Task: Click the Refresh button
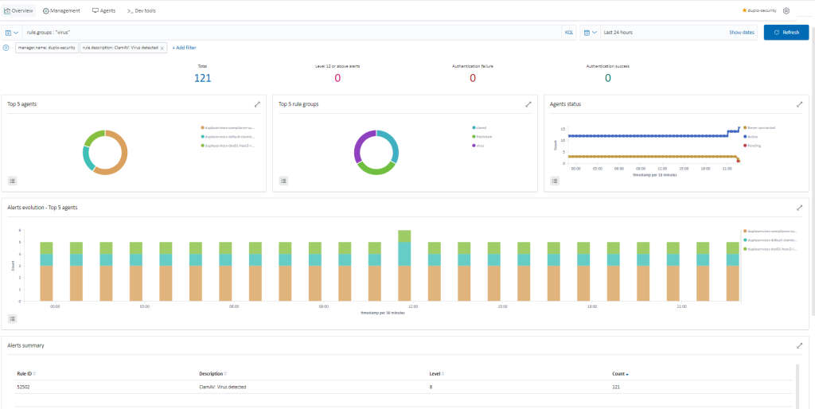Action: pos(786,33)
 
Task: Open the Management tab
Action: pos(61,10)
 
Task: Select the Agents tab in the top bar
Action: pos(103,10)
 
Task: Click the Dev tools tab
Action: pos(141,10)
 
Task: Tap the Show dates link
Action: pos(741,33)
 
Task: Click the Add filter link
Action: pos(184,48)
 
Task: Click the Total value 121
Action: pos(202,77)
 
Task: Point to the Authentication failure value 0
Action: pos(473,77)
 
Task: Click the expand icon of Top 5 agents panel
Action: pos(257,104)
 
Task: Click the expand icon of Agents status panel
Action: pos(799,104)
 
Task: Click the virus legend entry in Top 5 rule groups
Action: pos(479,146)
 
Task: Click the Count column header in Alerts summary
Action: pos(619,373)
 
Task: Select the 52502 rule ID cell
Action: pos(25,387)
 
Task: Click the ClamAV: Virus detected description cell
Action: pos(222,387)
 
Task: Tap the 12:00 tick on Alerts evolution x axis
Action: pos(412,306)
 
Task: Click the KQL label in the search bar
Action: pos(568,33)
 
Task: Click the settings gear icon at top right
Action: pos(786,10)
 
